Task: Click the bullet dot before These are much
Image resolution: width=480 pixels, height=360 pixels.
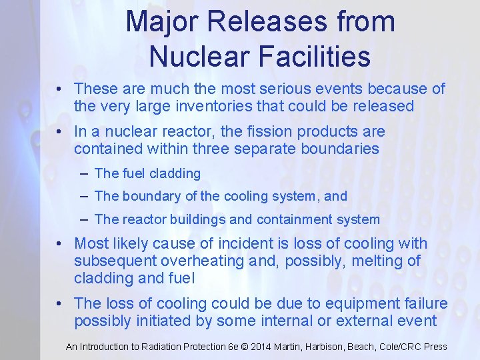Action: (x=59, y=89)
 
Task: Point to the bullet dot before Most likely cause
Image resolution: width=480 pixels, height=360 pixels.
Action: (x=59, y=244)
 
